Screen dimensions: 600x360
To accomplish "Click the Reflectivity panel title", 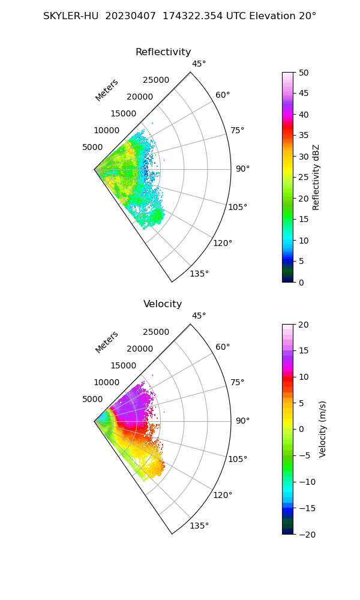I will click(x=163, y=52).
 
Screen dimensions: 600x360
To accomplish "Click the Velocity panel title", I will click(x=163, y=304).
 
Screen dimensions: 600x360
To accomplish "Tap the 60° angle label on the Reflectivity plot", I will click(x=223, y=95).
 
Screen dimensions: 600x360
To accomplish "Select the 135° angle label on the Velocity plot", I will click(x=199, y=526).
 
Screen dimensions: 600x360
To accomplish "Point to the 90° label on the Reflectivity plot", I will click(x=242, y=169).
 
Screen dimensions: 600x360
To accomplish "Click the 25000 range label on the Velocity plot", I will click(x=156, y=332).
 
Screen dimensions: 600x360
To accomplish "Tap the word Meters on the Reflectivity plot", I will click(x=107, y=90).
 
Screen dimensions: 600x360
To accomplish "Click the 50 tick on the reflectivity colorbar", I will click(x=304, y=73).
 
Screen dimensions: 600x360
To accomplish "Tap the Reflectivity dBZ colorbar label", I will click(x=316, y=177).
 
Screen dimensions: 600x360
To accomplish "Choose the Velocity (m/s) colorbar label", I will click(x=323, y=429).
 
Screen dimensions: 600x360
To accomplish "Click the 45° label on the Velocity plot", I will click(x=199, y=316).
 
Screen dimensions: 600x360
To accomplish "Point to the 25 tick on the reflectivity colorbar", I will click(x=304, y=178).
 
